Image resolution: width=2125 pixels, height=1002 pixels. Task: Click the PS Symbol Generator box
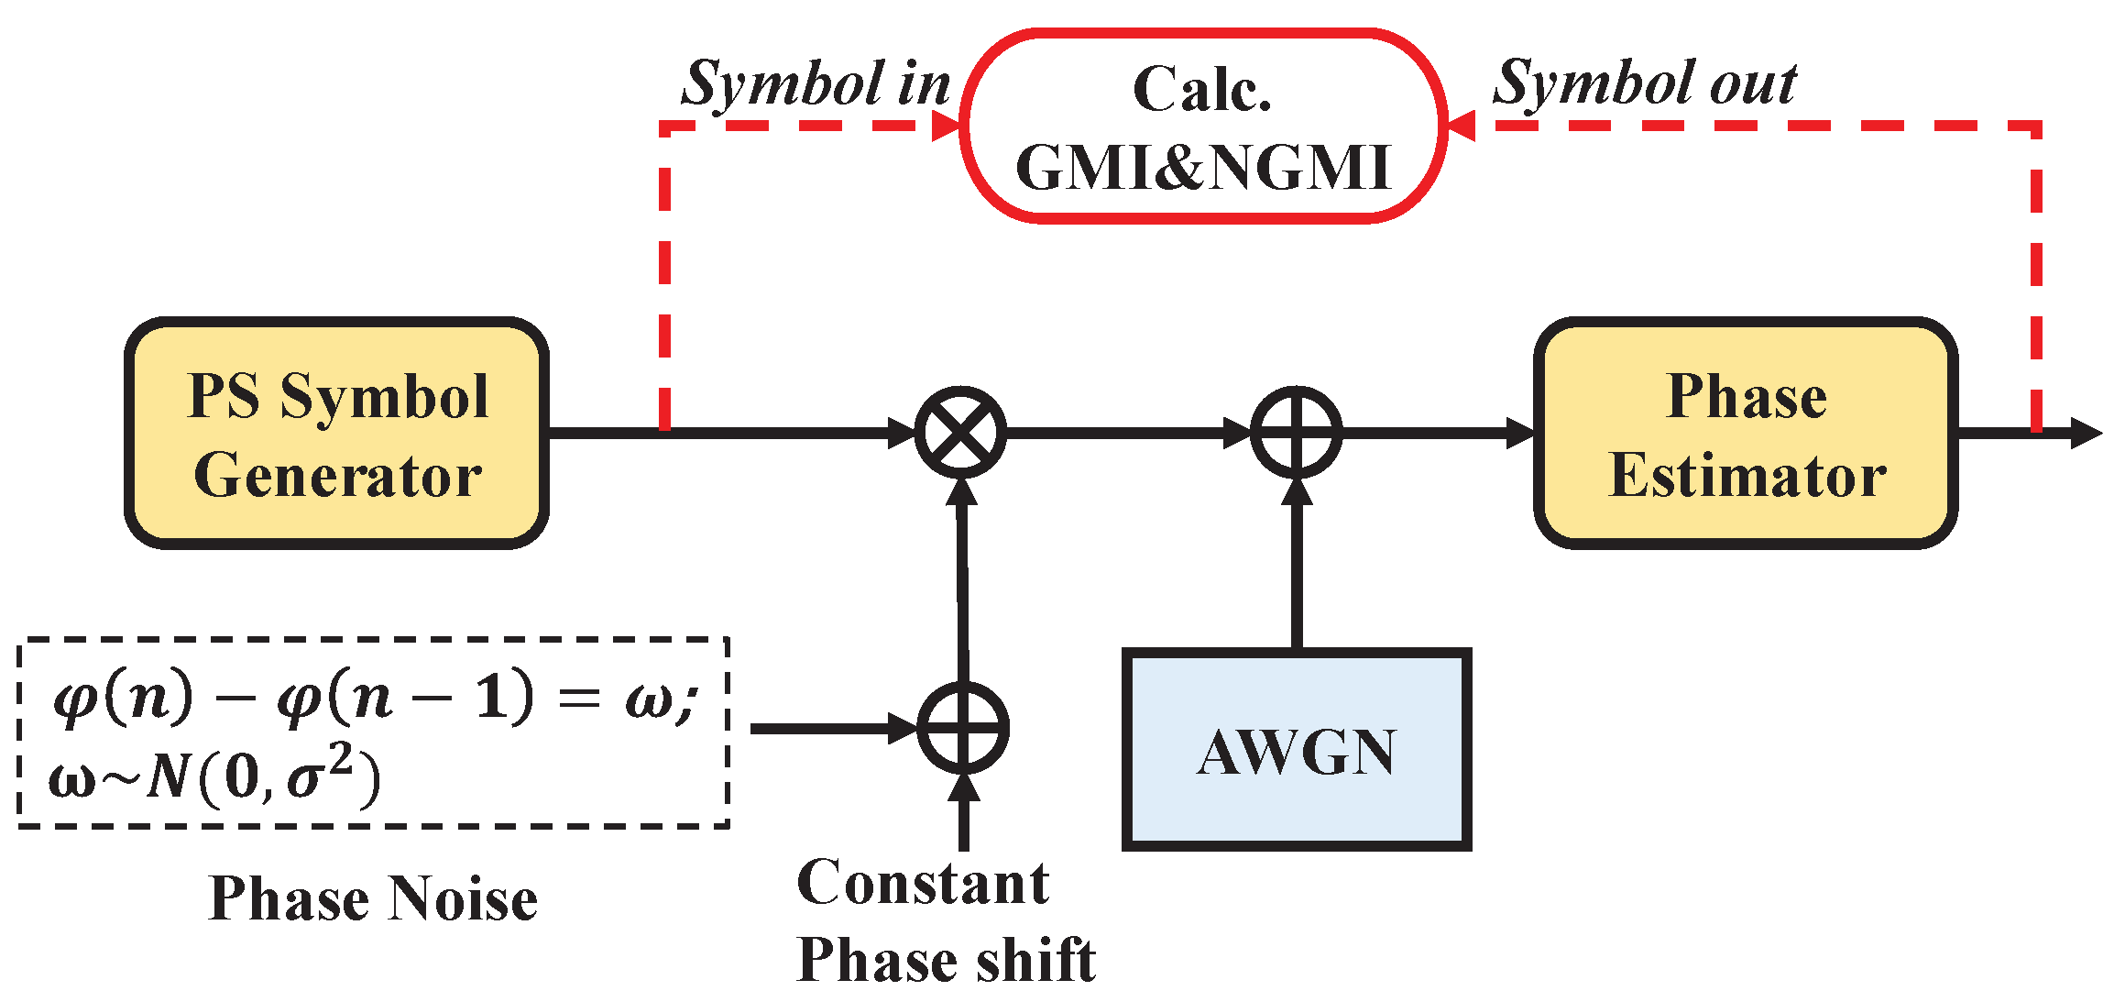(x=336, y=434)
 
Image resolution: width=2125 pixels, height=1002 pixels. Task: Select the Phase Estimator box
(x=1746, y=434)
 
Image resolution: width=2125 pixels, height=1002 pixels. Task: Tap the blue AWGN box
(x=1296, y=750)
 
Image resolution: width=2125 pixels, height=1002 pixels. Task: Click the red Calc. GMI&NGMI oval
(x=1202, y=127)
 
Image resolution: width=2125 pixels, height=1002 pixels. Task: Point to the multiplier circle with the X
(x=960, y=432)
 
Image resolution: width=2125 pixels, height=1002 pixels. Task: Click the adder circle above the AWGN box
(x=1296, y=432)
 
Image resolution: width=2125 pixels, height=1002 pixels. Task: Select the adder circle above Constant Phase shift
(x=962, y=728)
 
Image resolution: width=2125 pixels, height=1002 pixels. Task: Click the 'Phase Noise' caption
(x=373, y=898)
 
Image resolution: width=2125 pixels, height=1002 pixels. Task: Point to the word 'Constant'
(x=923, y=884)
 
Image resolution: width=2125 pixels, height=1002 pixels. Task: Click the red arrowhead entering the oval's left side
(x=947, y=126)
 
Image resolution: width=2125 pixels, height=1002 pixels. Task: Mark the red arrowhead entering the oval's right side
(x=1461, y=126)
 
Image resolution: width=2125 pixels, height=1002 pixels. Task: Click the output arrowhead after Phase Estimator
(x=2085, y=433)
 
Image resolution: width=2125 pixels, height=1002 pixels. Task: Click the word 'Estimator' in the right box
(x=1747, y=477)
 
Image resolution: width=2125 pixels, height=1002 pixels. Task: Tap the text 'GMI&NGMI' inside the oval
(x=1202, y=168)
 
